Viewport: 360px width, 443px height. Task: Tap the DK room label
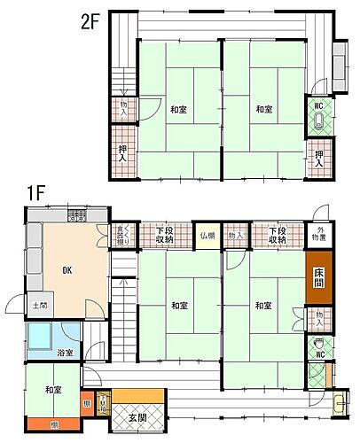[67, 271]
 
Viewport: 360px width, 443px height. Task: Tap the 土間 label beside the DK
[41, 307]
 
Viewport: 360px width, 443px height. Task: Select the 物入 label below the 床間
[319, 315]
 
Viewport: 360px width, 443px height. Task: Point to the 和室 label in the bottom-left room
[53, 390]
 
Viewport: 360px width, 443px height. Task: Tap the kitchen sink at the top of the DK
[76, 216]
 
